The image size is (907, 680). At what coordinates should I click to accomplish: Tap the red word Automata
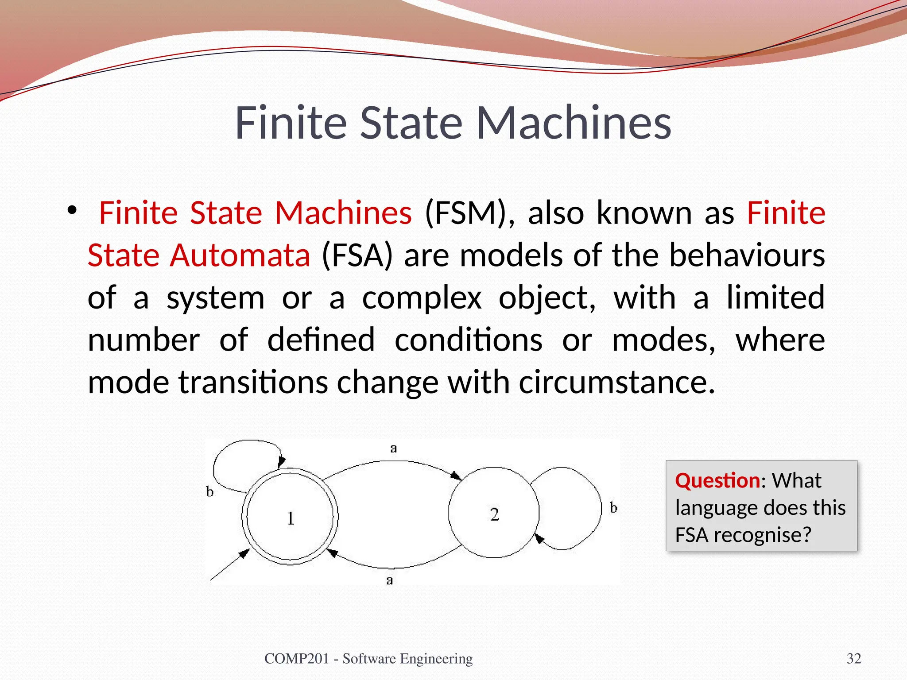pyautogui.click(x=240, y=255)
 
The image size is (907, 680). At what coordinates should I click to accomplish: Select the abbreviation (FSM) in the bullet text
pyautogui.click(x=470, y=213)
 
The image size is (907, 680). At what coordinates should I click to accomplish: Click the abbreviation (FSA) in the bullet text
pyautogui.click(x=357, y=255)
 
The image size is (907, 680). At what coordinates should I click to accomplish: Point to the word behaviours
pyautogui.click(x=747, y=255)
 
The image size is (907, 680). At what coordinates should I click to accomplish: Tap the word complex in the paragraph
pyautogui.click(x=422, y=298)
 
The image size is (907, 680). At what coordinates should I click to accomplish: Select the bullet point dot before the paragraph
pyautogui.click(x=72, y=211)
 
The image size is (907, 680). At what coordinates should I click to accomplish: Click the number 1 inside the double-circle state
pyautogui.click(x=291, y=518)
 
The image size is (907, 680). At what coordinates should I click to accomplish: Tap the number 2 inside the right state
pyautogui.click(x=494, y=514)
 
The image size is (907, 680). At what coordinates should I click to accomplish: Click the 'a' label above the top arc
pyautogui.click(x=393, y=449)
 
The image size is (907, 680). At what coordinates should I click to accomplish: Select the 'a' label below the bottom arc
pyautogui.click(x=389, y=580)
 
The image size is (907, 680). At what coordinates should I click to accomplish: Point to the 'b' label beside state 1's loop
pyautogui.click(x=210, y=491)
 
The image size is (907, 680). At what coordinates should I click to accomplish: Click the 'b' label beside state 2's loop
pyautogui.click(x=613, y=508)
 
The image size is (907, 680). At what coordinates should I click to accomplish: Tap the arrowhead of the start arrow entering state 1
pyautogui.click(x=244, y=553)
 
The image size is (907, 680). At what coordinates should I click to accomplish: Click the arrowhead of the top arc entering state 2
pyautogui.click(x=456, y=476)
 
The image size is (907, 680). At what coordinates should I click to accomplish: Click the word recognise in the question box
pyautogui.click(x=762, y=535)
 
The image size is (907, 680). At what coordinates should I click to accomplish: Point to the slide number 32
pyautogui.click(x=854, y=659)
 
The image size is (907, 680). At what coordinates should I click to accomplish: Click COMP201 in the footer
pyautogui.click(x=296, y=659)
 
